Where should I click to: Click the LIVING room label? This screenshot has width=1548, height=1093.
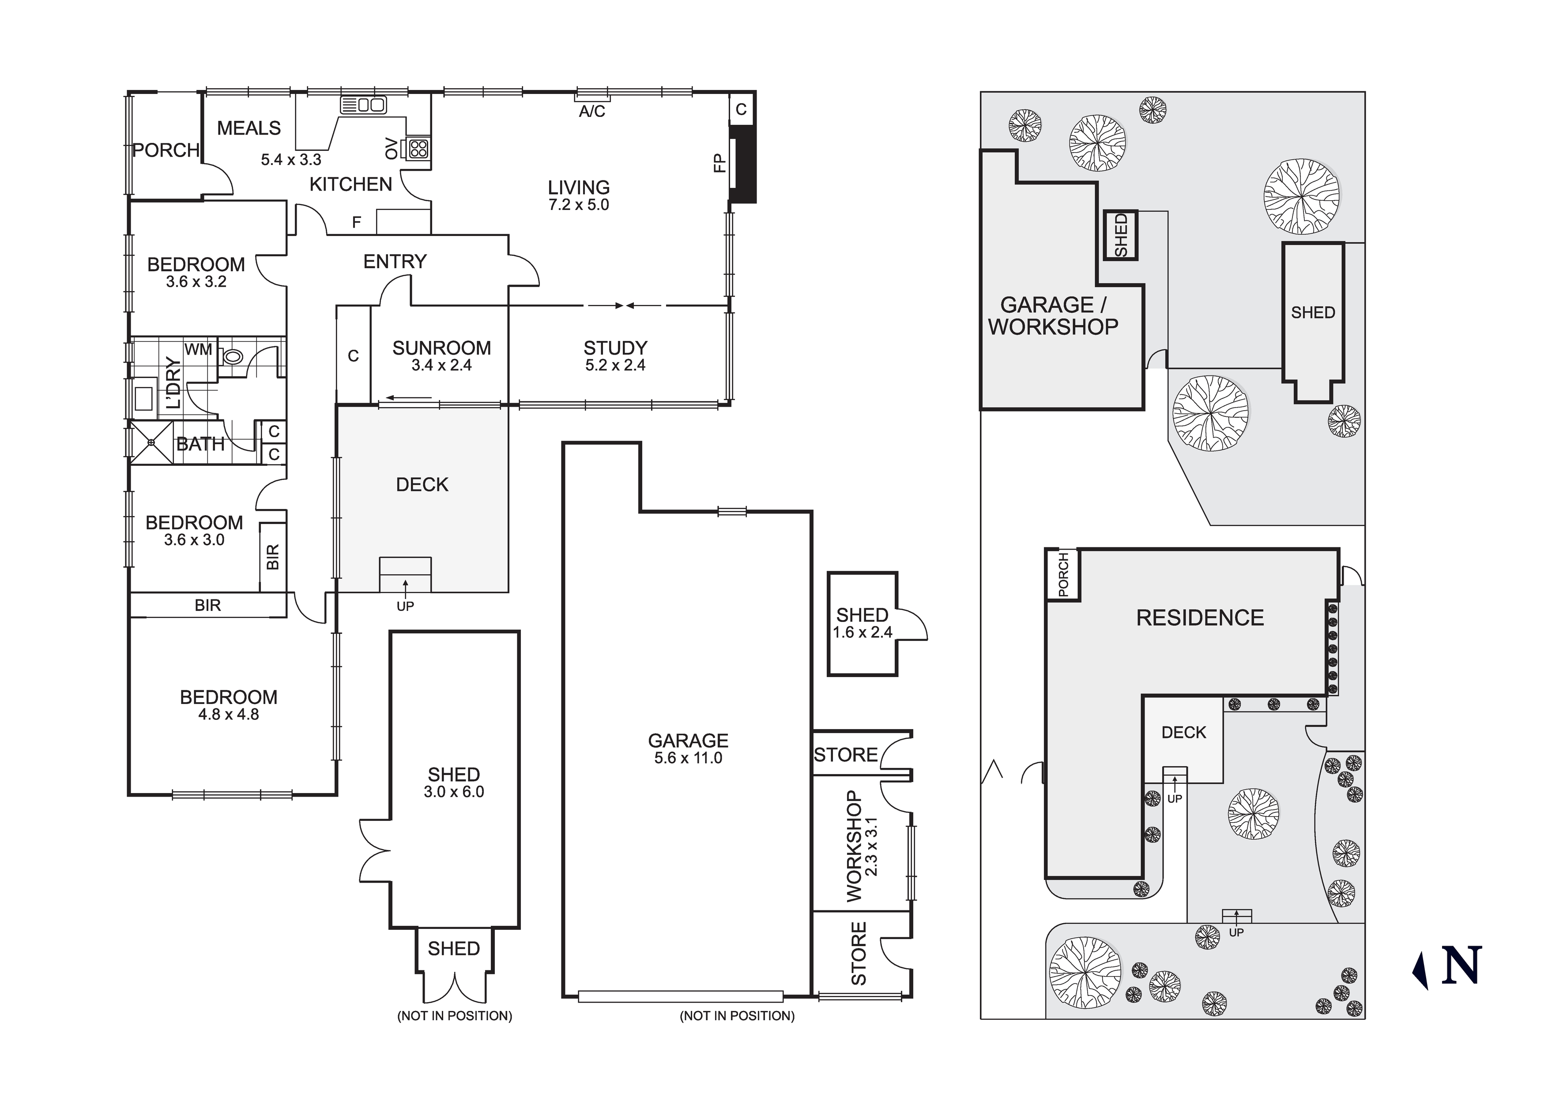(579, 187)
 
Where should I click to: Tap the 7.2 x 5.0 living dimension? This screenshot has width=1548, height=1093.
(579, 205)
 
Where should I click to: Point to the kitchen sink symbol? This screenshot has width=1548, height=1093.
(364, 105)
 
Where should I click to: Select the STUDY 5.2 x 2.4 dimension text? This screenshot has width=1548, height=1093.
(615, 365)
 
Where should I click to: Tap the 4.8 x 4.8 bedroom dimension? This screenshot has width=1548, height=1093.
(229, 714)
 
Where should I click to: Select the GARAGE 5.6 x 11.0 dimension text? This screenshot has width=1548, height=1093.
(688, 758)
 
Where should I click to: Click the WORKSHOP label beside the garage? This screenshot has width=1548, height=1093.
(854, 846)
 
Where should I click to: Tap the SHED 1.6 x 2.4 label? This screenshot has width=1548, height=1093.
(863, 615)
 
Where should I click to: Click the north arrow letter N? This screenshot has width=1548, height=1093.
(1461, 965)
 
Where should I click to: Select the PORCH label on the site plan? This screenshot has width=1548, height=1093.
(1063, 575)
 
